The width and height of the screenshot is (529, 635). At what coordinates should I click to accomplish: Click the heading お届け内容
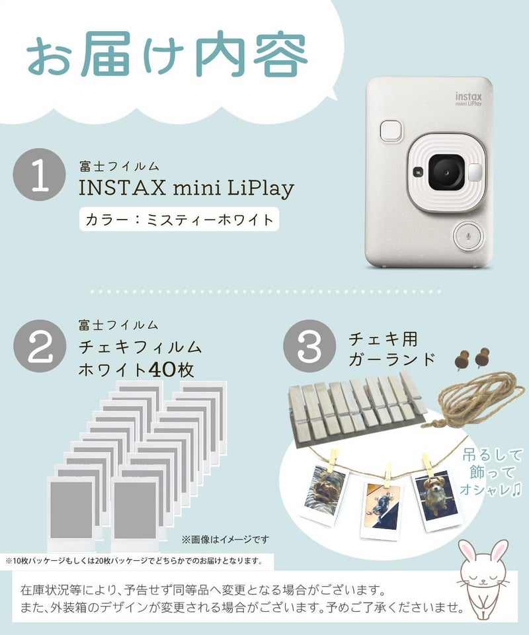167,60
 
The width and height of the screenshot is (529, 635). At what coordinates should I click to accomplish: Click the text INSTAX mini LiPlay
186,189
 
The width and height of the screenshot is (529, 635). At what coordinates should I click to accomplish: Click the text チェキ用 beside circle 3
383,339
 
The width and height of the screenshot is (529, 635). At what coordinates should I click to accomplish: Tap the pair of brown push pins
469,357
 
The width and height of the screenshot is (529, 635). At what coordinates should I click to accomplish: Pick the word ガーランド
393,360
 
